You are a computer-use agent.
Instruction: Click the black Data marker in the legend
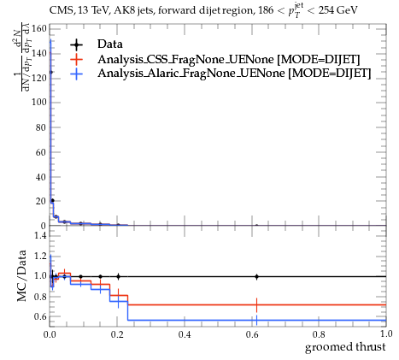pyautogui.click(x=76, y=44)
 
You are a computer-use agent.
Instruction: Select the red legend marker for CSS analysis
pyautogui.click(x=76, y=60)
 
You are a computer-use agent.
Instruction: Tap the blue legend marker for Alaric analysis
pyautogui.click(x=76, y=74)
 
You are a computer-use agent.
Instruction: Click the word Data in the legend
pyautogui.click(x=110, y=44)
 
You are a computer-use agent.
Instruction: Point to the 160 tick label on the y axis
pyautogui.click(x=38, y=29)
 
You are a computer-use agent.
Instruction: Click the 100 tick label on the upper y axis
pyautogui.click(x=38, y=103)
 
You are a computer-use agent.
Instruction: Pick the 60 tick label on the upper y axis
pyautogui.click(x=41, y=152)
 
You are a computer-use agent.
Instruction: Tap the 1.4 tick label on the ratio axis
pyautogui.click(x=41, y=235)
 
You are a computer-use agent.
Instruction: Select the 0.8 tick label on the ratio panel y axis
pyautogui.click(x=41, y=297)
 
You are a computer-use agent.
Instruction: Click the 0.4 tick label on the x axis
pyautogui.click(x=185, y=334)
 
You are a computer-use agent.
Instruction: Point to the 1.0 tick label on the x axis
pyautogui.click(x=386, y=333)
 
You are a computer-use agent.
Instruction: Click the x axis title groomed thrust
pyautogui.click(x=345, y=347)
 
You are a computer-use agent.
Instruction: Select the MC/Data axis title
pyautogui.click(x=21, y=276)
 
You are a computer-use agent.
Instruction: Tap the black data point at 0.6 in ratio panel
pyautogui.click(x=256, y=276)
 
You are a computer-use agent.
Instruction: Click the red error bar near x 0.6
pyautogui.click(x=256, y=305)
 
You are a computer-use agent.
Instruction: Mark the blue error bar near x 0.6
pyautogui.click(x=256, y=320)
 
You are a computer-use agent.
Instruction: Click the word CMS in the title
pyautogui.click(x=58, y=11)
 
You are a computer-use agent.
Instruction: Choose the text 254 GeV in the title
pyautogui.click(x=337, y=10)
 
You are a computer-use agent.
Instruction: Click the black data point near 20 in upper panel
pyautogui.click(x=52, y=201)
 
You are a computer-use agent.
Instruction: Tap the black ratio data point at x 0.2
pyautogui.click(x=118, y=276)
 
